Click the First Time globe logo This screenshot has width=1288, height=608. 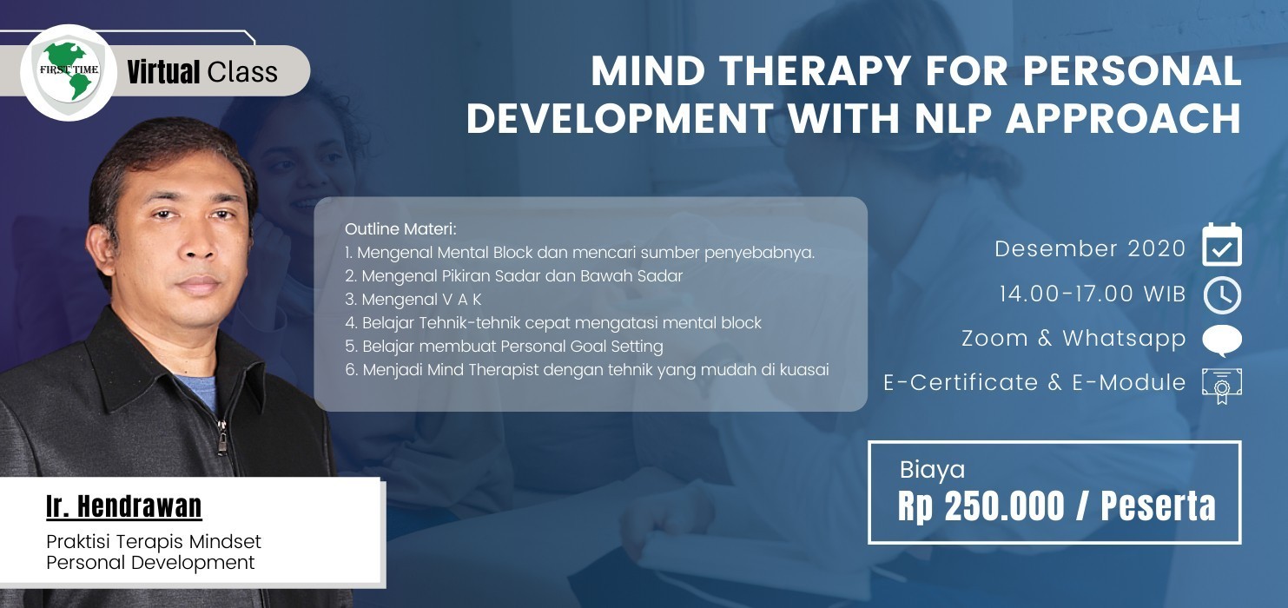click(x=69, y=73)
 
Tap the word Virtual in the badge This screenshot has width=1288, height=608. click(x=163, y=72)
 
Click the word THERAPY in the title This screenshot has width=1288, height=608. click(x=815, y=70)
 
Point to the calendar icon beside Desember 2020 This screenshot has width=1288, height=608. click(x=1221, y=245)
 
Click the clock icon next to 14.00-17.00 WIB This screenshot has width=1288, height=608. click(x=1222, y=295)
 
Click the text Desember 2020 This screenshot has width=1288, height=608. click(x=1090, y=248)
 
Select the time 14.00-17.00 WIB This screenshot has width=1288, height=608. click(x=1093, y=294)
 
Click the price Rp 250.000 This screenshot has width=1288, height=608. click(x=981, y=506)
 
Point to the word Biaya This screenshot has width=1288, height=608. click(x=932, y=470)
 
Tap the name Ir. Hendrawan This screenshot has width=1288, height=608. click(x=124, y=506)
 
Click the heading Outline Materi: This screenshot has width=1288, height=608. click(x=400, y=229)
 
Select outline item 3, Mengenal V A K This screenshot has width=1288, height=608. click(x=413, y=300)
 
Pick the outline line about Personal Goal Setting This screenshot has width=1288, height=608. click(x=505, y=347)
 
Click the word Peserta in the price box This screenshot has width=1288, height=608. click(x=1158, y=506)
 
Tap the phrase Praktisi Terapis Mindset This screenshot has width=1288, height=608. click(x=154, y=542)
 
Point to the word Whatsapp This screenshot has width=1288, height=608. click(x=1124, y=339)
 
